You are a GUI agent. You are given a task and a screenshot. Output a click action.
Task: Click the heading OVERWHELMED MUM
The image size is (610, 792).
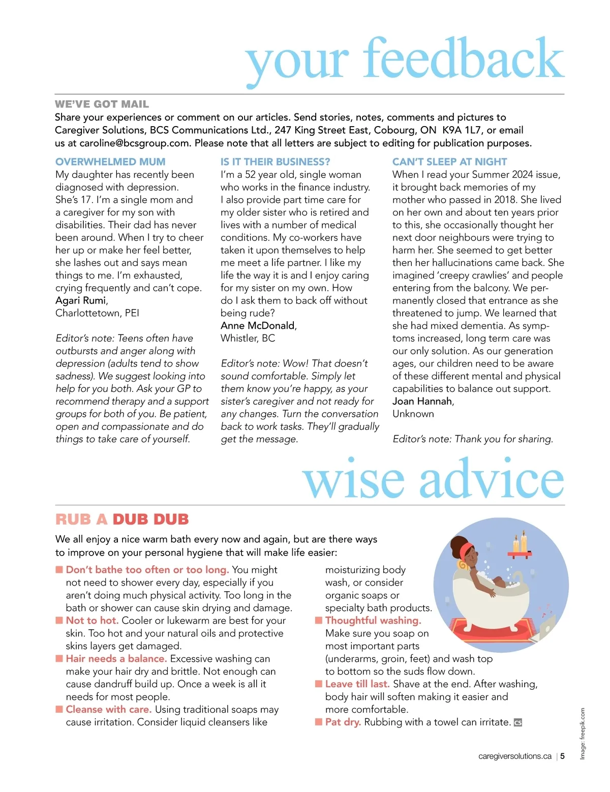(110, 162)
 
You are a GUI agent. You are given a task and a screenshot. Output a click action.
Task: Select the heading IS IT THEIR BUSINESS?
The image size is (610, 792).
(275, 162)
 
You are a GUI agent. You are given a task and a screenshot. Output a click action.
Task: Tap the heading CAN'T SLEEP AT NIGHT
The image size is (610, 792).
(449, 162)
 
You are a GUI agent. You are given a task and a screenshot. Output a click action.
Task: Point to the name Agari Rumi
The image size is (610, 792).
(81, 300)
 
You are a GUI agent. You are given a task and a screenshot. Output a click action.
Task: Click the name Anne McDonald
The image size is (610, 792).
(258, 325)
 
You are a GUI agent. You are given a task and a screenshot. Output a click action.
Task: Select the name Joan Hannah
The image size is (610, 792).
(422, 401)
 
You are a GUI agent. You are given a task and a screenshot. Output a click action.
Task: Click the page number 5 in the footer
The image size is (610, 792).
(562, 756)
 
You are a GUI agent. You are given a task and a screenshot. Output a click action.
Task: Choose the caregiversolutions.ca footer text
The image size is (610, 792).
(514, 756)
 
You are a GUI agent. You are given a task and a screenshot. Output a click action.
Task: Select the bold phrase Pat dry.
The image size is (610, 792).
(343, 722)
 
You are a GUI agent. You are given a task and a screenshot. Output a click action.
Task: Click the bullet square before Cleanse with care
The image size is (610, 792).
(59, 709)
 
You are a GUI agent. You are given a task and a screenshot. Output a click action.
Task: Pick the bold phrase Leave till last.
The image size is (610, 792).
(357, 684)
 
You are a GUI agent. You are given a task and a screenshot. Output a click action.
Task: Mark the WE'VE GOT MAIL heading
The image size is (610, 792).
(102, 104)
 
